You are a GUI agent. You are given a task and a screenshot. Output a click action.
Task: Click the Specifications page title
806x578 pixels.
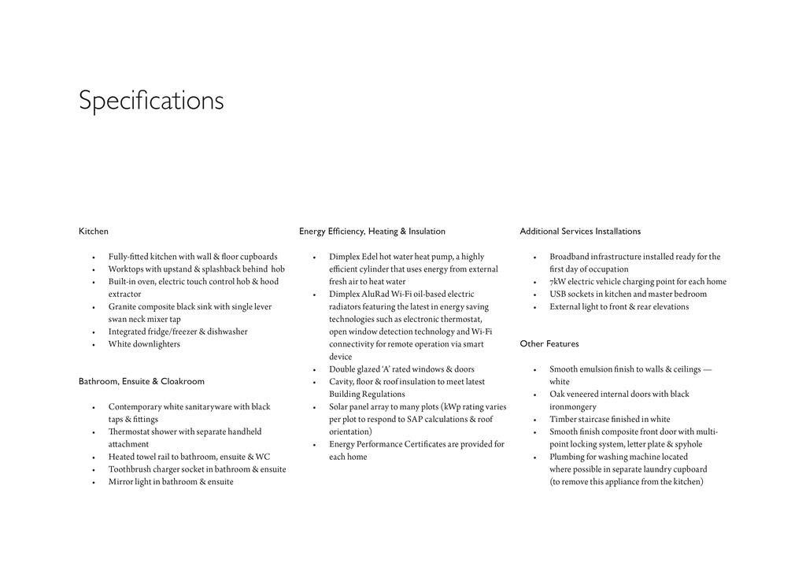(x=151, y=101)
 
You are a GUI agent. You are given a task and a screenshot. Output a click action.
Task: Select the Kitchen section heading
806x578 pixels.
(x=94, y=232)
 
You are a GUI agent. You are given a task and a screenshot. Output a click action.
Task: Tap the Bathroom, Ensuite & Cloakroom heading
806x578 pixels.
(x=142, y=382)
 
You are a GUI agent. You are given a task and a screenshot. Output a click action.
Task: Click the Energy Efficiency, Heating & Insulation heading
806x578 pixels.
(x=372, y=232)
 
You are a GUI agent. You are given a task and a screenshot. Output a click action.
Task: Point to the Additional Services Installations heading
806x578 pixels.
(x=580, y=232)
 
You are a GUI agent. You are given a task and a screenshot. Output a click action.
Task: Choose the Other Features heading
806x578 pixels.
(x=549, y=344)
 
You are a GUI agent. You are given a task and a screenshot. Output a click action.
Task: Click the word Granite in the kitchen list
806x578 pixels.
(x=123, y=307)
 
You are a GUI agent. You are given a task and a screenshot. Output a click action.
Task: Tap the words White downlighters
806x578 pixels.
(x=144, y=344)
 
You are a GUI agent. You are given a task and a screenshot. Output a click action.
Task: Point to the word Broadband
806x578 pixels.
(x=569, y=257)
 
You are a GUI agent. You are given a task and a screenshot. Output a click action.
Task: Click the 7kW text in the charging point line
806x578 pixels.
(x=557, y=282)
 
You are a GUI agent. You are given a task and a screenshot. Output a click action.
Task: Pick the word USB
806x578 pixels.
(x=558, y=295)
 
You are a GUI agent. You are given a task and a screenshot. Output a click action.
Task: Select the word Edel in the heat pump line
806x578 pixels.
(x=369, y=257)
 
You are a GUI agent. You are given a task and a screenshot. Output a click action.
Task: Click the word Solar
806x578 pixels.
(x=339, y=407)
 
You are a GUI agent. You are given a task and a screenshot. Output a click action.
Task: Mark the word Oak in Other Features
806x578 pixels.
(x=557, y=395)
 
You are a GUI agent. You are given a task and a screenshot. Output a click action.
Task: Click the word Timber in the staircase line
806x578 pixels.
(x=563, y=420)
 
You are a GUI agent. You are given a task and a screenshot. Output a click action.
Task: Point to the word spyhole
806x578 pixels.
(x=689, y=445)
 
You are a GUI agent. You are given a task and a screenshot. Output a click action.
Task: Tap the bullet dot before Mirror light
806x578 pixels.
(x=94, y=483)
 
